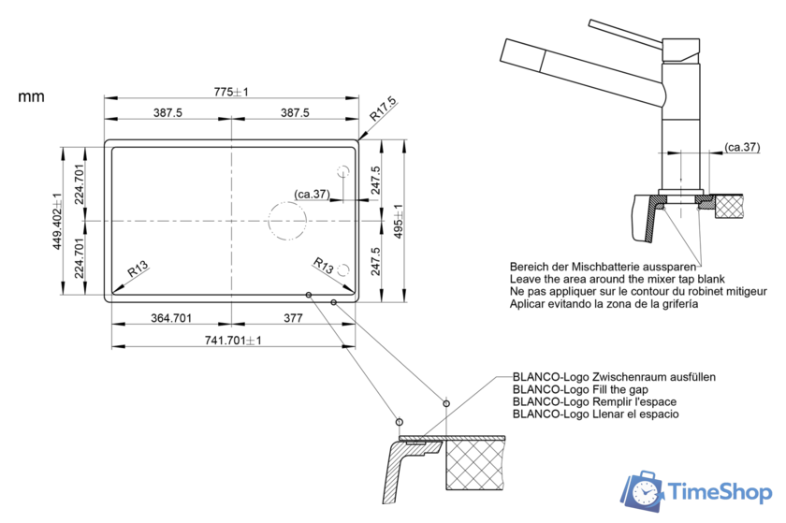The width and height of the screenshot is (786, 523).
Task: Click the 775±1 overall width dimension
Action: pos(231,92)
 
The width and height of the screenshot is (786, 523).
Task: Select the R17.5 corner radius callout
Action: pos(383,109)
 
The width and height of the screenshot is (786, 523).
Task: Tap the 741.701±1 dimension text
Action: pos(233,341)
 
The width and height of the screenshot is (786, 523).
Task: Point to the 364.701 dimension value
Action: pos(171,318)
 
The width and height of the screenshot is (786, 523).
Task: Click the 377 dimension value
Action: pos(293,318)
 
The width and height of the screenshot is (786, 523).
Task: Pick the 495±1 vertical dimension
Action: pos(398,221)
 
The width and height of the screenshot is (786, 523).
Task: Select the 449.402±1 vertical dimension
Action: pos(57,221)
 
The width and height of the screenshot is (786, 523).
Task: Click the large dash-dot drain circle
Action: pos(287,221)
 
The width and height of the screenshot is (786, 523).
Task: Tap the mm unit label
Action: pos(31,96)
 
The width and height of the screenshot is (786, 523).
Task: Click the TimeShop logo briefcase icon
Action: pos(643,491)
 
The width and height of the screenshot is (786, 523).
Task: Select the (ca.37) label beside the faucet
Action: pos(742,147)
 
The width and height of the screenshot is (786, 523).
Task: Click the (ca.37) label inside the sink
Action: pos(312,194)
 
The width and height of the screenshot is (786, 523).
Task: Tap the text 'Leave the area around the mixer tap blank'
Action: pos(617,279)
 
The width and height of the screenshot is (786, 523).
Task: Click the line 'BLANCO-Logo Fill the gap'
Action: pos(580,389)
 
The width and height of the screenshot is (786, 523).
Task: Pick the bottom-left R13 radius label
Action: pos(138,269)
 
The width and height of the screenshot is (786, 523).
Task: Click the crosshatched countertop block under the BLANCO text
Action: pos(475,464)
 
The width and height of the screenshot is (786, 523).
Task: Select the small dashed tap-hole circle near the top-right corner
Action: pos(343,171)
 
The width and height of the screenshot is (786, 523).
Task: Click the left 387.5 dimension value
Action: pos(167,112)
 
